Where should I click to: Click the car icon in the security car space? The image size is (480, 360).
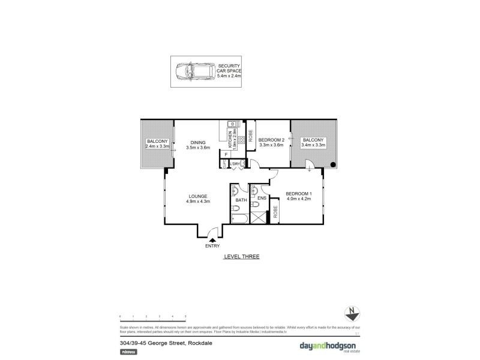tap(191, 73)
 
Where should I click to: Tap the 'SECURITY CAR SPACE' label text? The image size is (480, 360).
tap(229, 71)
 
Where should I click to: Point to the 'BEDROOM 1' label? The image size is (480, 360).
tap(298, 193)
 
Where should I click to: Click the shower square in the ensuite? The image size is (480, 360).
tap(259, 217)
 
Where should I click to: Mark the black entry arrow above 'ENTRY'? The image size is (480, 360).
tap(212, 239)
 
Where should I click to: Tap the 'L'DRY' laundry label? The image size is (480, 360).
tap(235, 164)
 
